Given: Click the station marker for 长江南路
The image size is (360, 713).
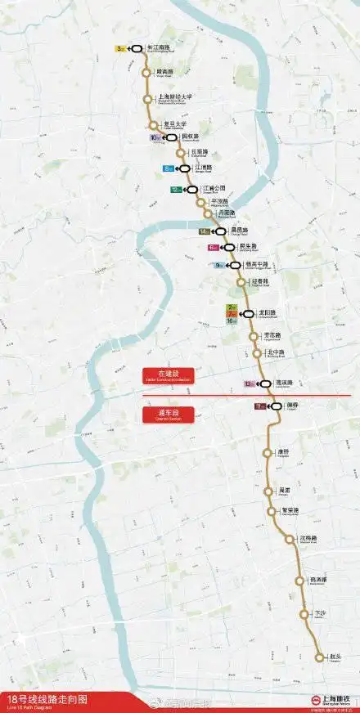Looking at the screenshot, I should point(136,48).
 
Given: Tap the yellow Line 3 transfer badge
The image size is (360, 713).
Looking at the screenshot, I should point(120,48).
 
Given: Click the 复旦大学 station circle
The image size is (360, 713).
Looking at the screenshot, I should point(153,125).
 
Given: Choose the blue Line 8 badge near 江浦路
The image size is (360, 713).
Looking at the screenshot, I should point(169,168).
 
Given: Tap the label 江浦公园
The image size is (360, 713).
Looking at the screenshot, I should point(214,188).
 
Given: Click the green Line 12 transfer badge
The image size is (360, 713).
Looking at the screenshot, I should point(176,189).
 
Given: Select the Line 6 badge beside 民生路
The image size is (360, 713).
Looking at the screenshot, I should point(214,246).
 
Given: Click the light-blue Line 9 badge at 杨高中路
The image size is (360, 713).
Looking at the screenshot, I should point(218,265).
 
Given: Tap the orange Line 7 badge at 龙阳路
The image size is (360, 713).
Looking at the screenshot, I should point(232,313).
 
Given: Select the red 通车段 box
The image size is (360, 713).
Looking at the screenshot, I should point(161,415).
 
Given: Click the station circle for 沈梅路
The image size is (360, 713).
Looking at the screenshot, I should point(290,539).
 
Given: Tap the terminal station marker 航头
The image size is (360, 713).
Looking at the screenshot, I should point(319,656).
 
